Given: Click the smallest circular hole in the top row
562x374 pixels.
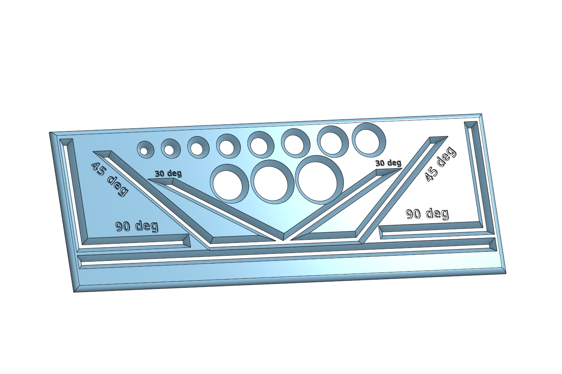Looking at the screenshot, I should (x=144, y=151).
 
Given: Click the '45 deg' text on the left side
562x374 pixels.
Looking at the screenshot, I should (x=110, y=179).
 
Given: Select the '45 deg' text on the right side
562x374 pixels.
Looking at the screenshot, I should (x=440, y=164).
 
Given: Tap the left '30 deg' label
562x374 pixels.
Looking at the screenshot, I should (x=168, y=173).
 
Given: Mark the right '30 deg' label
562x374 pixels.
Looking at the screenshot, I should (x=388, y=163).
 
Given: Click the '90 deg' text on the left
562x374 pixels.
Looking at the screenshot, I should (x=137, y=226).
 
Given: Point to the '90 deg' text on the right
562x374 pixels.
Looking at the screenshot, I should (x=427, y=214).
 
